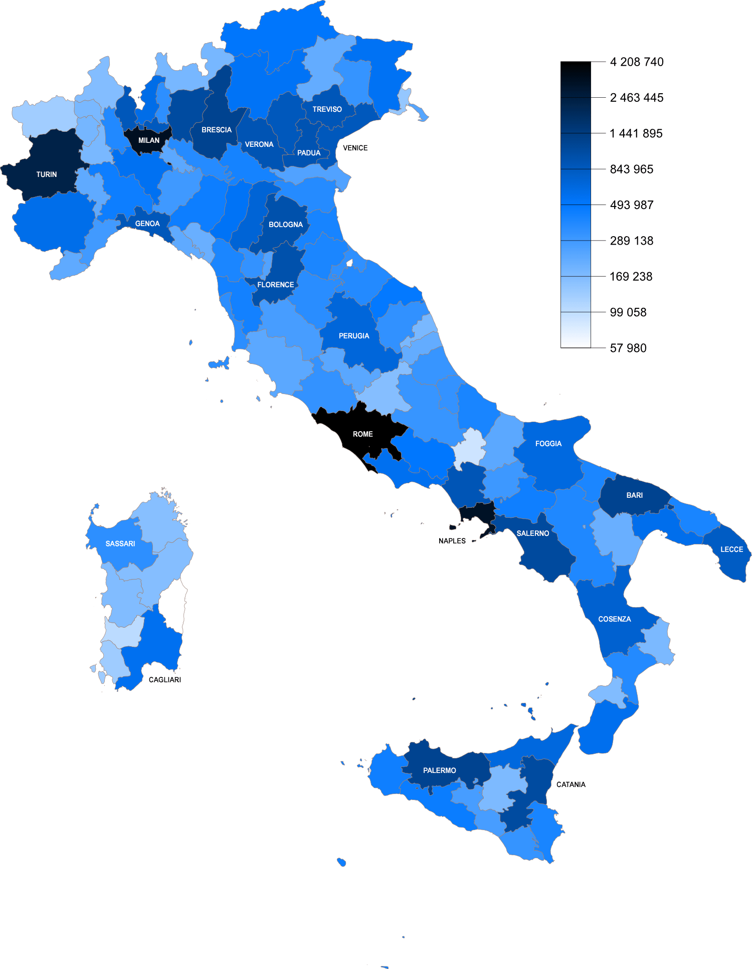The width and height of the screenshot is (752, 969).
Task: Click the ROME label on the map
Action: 362,434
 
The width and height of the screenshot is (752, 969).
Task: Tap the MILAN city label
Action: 149,140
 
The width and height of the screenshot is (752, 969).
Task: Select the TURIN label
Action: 47,174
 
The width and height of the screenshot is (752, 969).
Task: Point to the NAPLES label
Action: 452,541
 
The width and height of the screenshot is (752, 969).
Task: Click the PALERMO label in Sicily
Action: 439,770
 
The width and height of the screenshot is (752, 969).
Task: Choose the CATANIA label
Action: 571,785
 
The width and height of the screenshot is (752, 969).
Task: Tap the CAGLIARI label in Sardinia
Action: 164,680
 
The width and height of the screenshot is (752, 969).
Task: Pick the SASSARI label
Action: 120,544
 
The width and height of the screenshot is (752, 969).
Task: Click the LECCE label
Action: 731,549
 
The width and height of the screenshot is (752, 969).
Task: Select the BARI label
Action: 634,495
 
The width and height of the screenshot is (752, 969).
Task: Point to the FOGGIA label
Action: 548,444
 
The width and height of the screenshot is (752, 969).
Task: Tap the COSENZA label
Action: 614,619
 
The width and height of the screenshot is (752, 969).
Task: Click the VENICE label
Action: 355,148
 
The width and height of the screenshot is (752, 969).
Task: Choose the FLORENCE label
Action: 275,285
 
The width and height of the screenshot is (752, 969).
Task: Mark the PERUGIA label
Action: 353,336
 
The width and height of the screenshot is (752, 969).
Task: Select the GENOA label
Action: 147,224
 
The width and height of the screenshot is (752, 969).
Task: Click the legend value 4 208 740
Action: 636,62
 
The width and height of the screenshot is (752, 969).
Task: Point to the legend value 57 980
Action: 628,348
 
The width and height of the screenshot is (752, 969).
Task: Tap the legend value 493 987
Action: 631,205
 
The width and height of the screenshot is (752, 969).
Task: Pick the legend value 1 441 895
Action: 636,133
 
